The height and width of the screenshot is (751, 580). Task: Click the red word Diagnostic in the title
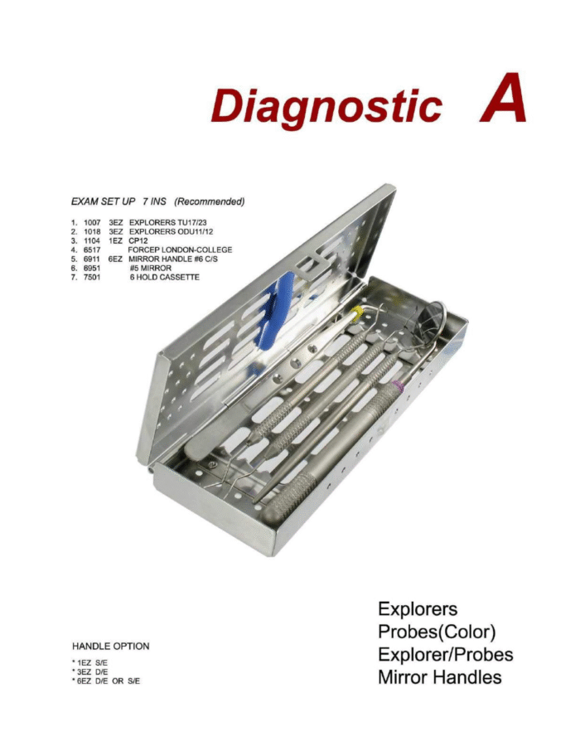(326, 106)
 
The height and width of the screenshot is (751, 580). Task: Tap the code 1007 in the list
(92, 223)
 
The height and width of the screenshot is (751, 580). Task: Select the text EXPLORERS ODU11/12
(171, 232)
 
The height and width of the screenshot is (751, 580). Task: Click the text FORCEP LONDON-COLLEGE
(180, 250)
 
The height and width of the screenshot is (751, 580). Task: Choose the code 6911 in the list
(91, 259)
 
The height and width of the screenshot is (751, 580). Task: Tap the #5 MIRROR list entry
(151, 269)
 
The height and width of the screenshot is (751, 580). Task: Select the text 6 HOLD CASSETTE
(164, 278)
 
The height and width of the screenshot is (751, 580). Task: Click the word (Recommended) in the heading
(210, 201)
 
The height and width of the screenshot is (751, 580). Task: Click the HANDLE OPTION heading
(111, 646)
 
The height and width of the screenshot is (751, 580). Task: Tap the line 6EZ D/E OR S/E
(106, 681)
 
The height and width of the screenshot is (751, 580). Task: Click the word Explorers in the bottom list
(418, 609)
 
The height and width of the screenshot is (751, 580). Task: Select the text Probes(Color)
(437, 632)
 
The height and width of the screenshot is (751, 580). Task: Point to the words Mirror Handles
(440, 677)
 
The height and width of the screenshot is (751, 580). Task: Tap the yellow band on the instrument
(357, 314)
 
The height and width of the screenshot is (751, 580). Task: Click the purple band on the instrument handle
(397, 385)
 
